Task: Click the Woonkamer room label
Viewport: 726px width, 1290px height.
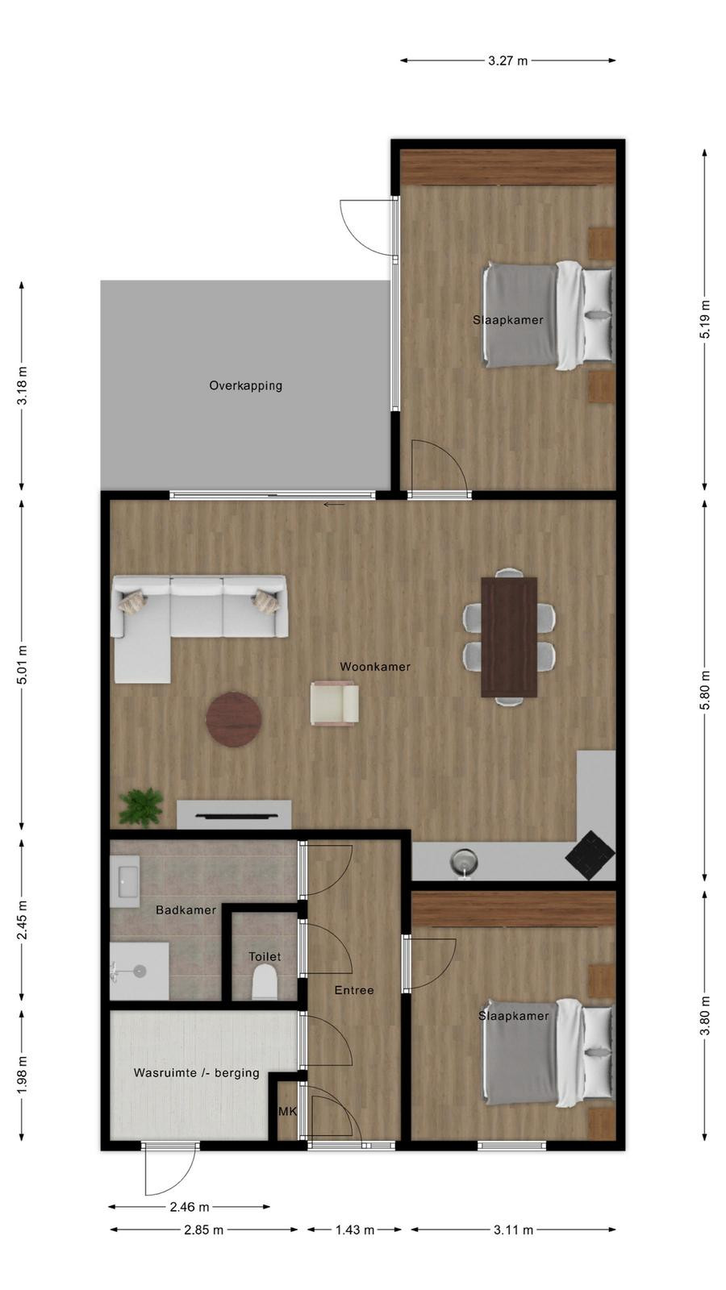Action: tap(375, 667)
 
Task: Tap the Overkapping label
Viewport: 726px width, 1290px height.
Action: tap(245, 386)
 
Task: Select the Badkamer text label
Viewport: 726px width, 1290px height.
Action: tap(186, 910)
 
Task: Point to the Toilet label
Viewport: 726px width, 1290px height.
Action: tap(265, 956)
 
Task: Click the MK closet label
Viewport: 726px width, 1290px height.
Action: tap(287, 1112)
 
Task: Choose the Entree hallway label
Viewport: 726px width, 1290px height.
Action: tap(354, 990)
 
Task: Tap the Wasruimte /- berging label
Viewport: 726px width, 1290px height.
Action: tap(197, 1073)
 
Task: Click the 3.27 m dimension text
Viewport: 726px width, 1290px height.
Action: tap(507, 60)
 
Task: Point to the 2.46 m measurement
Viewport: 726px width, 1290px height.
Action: tap(190, 1206)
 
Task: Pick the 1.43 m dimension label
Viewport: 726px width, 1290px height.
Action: tap(355, 1230)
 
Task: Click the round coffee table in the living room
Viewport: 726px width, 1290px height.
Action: tap(234, 719)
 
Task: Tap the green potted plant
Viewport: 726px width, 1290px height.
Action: tap(140, 807)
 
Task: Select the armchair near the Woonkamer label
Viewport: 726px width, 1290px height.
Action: tap(334, 702)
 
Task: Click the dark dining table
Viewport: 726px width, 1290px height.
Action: tap(509, 637)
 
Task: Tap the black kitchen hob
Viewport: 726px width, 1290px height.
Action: tap(590, 855)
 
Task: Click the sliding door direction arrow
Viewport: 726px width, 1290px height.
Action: tap(334, 505)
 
